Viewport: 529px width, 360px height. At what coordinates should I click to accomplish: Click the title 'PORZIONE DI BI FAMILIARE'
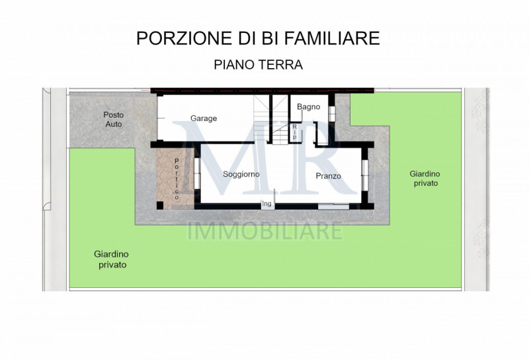258,38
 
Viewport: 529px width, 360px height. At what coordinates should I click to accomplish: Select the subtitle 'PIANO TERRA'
258,65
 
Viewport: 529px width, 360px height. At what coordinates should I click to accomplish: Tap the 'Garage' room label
204,118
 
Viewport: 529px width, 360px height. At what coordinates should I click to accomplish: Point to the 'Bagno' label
308,107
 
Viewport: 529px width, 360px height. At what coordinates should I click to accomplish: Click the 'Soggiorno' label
241,174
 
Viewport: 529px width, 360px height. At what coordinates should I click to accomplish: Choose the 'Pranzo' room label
328,175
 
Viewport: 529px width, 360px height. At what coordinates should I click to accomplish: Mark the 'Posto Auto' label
113,119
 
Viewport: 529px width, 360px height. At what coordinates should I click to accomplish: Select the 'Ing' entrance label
267,203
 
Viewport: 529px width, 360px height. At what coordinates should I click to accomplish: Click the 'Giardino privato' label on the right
424,178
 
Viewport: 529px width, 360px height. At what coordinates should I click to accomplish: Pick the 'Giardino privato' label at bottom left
111,259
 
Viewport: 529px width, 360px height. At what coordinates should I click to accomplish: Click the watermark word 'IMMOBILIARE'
265,232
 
